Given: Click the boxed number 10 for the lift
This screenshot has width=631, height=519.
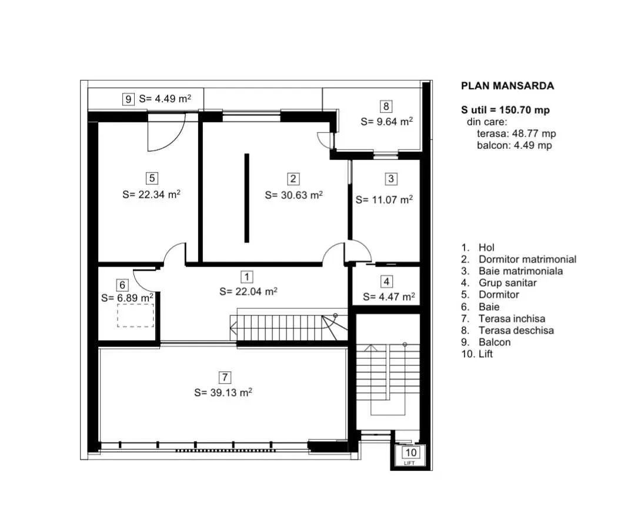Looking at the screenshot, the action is coord(410,452).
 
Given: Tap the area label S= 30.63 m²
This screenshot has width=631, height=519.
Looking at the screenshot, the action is coord(294,195).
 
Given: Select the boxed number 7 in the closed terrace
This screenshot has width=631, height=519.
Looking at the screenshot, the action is coord(225,378).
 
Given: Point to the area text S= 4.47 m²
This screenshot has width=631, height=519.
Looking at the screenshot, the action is coord(389,297).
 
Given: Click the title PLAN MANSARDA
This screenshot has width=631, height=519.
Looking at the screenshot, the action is coord(508,86).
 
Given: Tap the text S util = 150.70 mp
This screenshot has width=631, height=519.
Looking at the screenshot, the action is coord(505,110).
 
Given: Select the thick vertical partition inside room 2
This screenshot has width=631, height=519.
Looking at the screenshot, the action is coord(246,198).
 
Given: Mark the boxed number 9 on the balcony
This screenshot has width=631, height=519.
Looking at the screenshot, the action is coord(128,99).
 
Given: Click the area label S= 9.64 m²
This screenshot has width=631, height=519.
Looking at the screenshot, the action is coord(387,122).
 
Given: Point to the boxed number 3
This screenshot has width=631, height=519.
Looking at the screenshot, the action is coord(390,179).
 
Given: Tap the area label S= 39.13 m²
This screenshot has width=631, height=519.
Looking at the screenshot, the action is coord(223,392).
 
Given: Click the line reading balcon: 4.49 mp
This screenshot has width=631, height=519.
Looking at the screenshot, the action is coord(515,145).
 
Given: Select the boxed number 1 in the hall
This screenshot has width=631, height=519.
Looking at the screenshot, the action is coord(246,277).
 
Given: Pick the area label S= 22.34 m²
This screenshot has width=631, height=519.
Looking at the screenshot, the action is coord(151,194).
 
